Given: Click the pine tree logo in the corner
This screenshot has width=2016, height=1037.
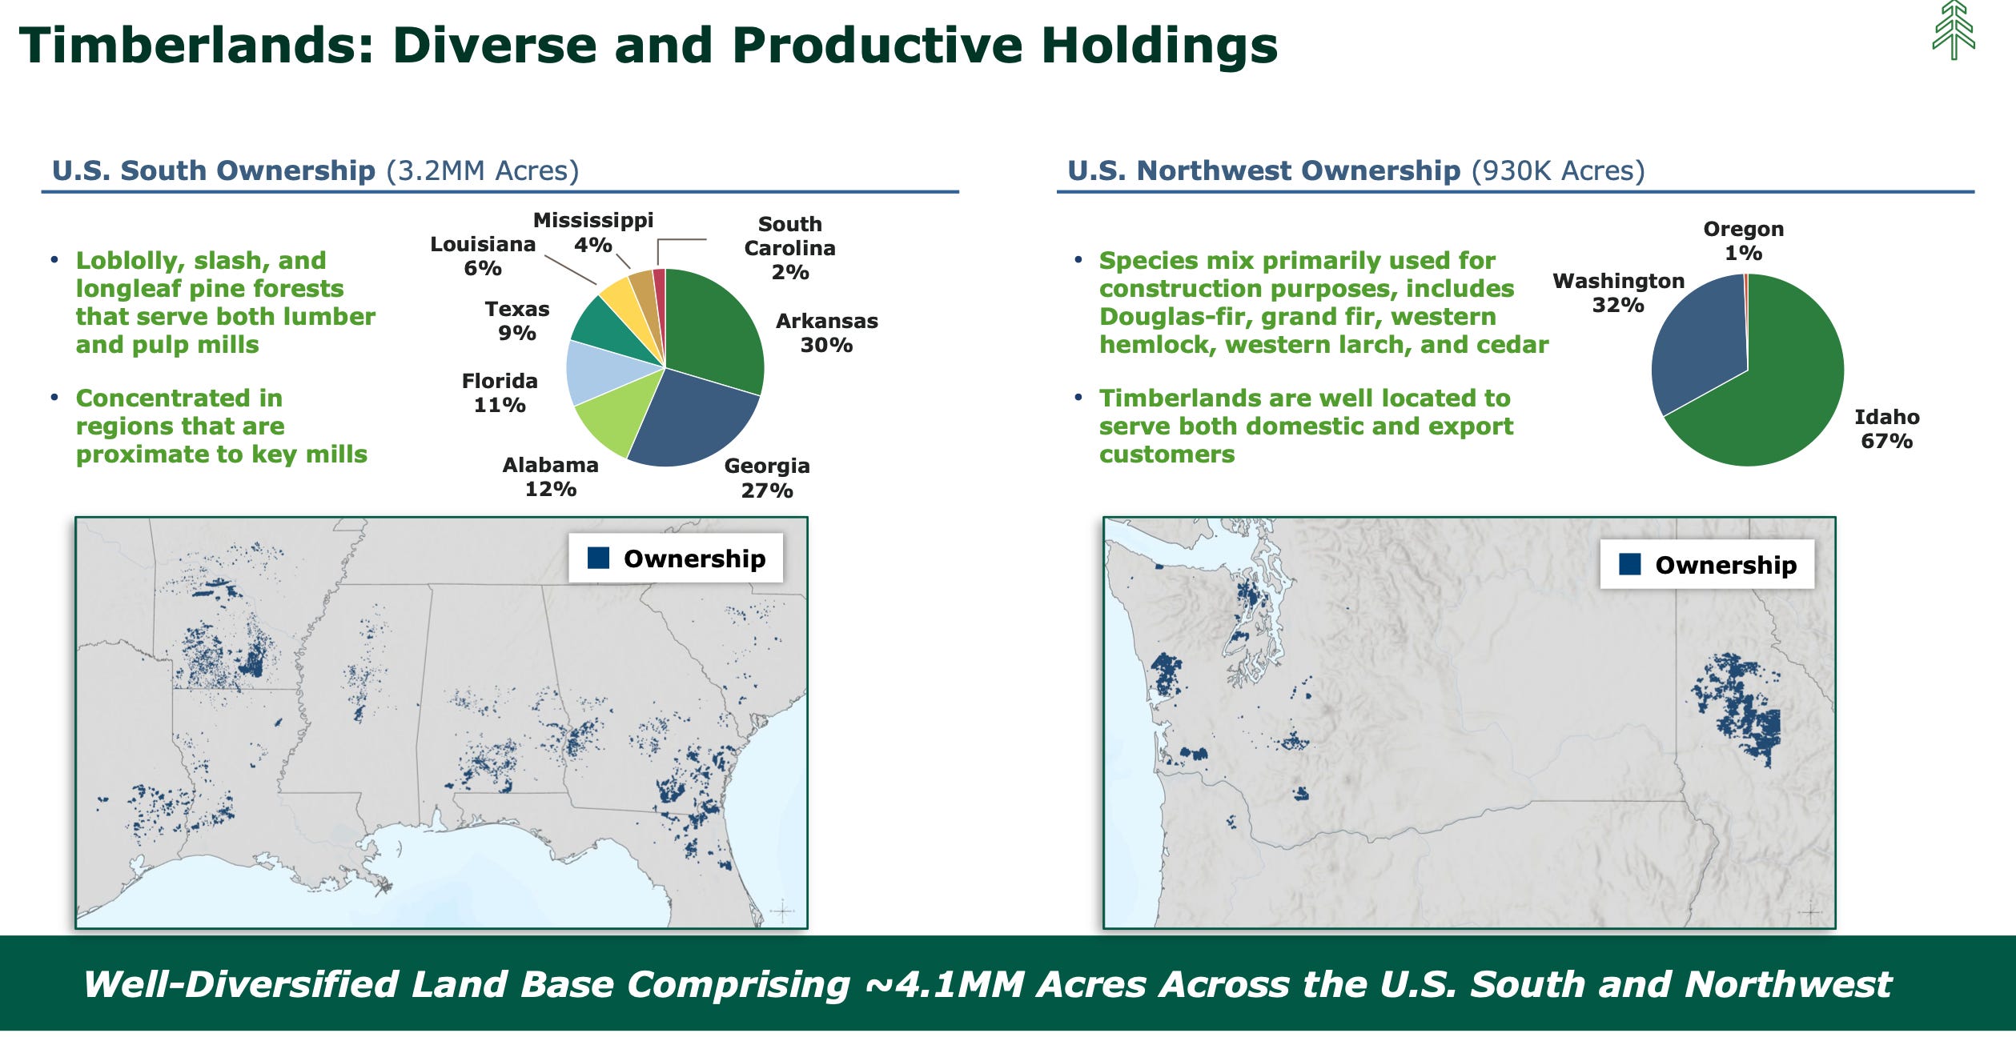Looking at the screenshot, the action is click(1954, 30).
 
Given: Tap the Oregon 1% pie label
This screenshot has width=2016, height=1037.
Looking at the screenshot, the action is click(1743, 241).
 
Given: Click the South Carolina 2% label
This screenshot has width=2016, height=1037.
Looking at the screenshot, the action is click(789, 248).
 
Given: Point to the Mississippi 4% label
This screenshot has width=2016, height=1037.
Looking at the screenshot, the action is click(593, 232).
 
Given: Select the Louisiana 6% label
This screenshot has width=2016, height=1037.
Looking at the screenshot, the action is click(483, 256).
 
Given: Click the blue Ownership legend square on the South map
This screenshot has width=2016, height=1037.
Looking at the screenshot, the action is click(598, 558).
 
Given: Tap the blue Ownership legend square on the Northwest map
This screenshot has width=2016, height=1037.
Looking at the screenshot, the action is click(1629, 564).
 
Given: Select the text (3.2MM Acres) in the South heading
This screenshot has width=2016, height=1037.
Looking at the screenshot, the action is click(483, 170).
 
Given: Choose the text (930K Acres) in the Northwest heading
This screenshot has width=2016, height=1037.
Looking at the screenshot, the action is click(1558, 170).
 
